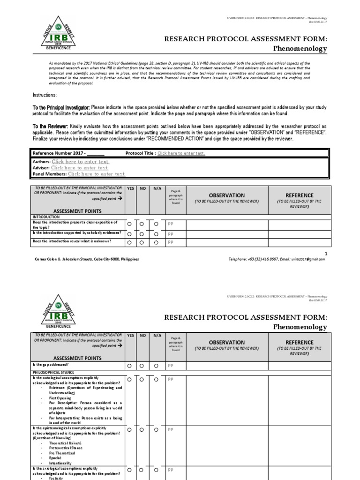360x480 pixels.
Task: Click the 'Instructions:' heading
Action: point(44,95)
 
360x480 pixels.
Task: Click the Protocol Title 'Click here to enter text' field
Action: point(181,153)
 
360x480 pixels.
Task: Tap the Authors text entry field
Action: point(81,161)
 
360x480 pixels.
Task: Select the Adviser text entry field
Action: point(79,167)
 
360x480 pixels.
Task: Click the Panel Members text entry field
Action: point(97,173)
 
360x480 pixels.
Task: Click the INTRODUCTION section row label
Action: point(46,217)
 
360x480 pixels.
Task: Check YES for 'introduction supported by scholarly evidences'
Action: point(129,233)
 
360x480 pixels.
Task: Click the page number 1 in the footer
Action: point(326,253)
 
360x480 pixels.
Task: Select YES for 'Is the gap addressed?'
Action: point(129,365)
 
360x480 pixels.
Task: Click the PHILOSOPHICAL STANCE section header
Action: point(53,373)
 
